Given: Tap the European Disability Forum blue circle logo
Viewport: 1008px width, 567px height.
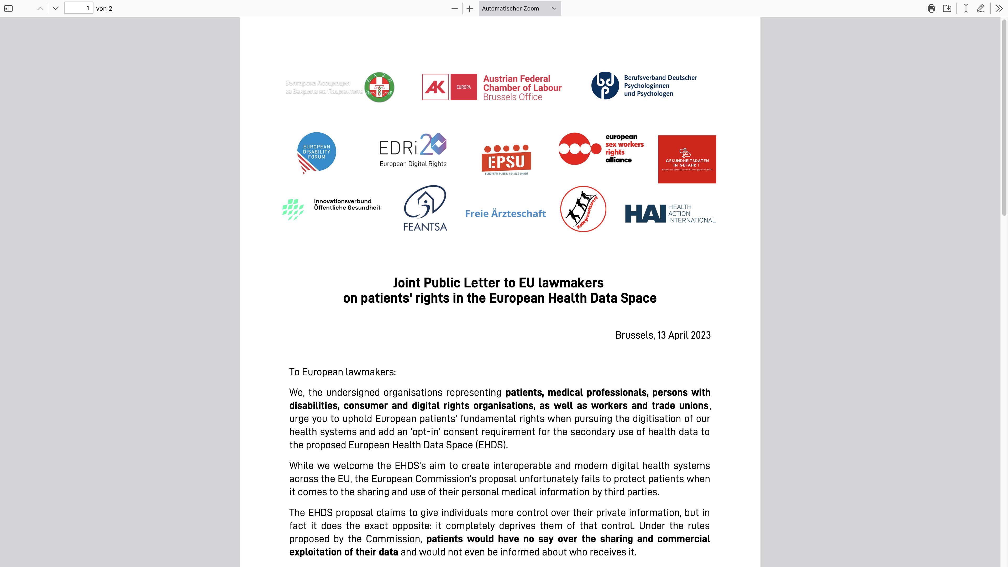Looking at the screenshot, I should pyautogui.click(x=317, y=152).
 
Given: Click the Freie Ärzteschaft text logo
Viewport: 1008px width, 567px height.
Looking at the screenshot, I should pyautogui.click(x=505, y=214).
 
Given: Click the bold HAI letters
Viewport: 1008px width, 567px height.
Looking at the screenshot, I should pyautogui.click(x=645, y=214).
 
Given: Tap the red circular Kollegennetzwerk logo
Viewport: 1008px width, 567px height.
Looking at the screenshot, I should pyautogui.click(x=583, y=209).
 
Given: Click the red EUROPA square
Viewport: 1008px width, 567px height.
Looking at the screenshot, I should pyautogui.click(x=463, y=87).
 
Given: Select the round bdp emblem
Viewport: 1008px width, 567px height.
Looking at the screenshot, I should pyautogui.click(x=605, y=86).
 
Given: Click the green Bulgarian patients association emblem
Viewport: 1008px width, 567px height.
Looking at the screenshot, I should pyautogui.click(x=379, y=87).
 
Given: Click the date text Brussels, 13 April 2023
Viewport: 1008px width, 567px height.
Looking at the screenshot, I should pyautogui.click(x=663, y=335).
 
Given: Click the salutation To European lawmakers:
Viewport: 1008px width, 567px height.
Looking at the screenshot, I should pyautogui.click(x=342, y=372).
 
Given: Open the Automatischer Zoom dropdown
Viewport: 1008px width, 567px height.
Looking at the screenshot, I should pyautogui.click(x=519, y=8).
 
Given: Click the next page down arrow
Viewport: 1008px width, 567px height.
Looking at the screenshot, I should pyautogui.click(x=56, y=8).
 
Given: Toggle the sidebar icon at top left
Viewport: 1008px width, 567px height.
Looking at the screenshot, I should pyautogui.click(x=8, y=8).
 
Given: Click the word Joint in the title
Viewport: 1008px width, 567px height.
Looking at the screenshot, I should pyautogui.click(x=407, y=282).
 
